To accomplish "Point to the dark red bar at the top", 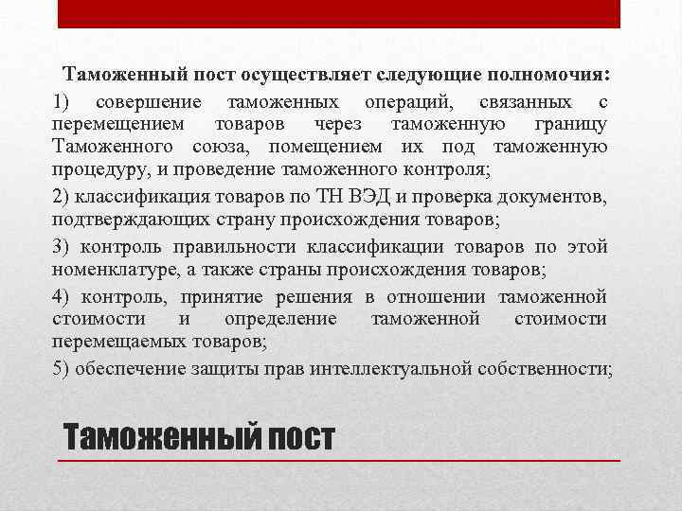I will pos(339,13).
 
